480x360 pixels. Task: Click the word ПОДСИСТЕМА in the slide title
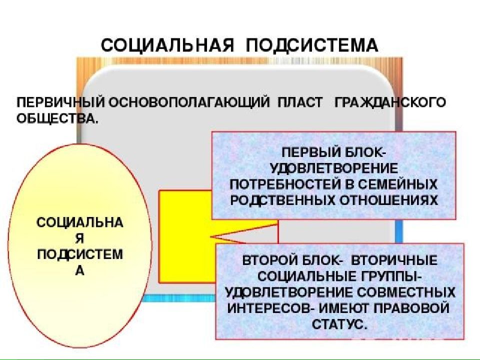tap(312, 46)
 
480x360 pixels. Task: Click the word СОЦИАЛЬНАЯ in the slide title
tap(167, 45)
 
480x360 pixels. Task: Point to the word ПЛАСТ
tap(300, 102)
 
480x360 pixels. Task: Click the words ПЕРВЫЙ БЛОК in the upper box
tap(334, 152)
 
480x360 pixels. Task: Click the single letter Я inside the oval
tap(79, 239)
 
